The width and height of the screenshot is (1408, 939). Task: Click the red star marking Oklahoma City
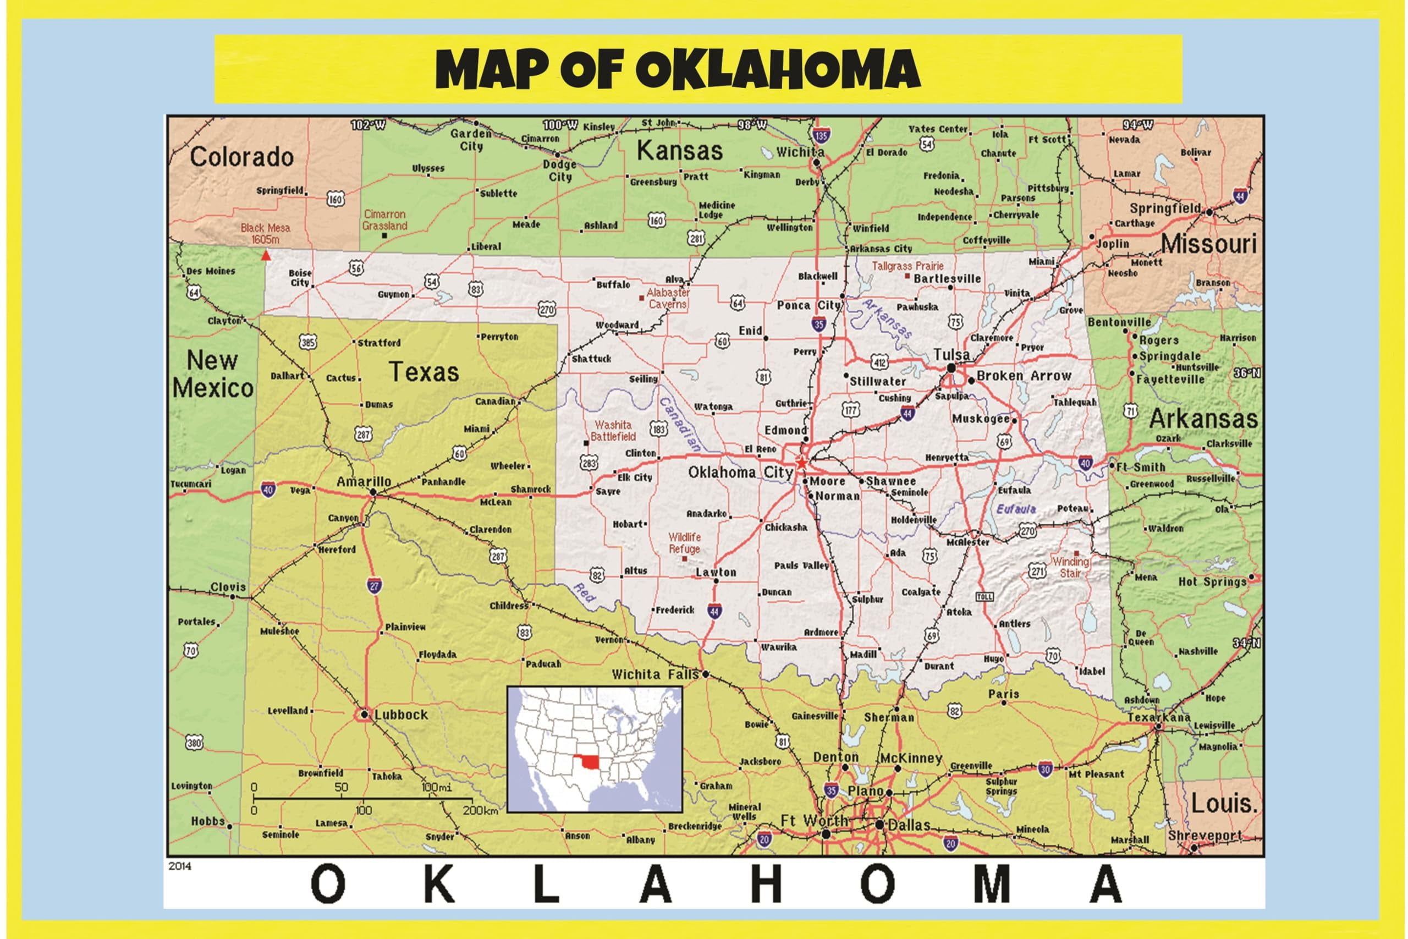click(x=801, y=462)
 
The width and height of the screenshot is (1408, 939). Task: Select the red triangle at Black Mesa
click(x=266, y=256)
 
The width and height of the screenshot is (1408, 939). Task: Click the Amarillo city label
click(x=364, y=481)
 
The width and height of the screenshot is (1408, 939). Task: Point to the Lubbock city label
click(x=401, y=715)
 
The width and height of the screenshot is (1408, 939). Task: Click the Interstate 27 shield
click(x=374, y=586)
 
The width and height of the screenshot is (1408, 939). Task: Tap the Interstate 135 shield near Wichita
click(x=821, y=136)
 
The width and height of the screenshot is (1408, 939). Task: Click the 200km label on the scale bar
click(x=480, y=811)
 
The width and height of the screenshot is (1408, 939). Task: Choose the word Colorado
click(x=242, y=157)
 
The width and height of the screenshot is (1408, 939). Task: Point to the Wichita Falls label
click(x=655, y=675)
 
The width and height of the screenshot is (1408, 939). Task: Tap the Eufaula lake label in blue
click(x=1016, y=509)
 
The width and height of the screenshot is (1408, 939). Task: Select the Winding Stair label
click(x=1070, y=567)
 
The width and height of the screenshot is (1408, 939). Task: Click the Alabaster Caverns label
click(x=668, y=298)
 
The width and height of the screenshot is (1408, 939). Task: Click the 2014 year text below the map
click(x=180, y=866)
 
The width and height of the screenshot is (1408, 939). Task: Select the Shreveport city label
click(x=1204, y=835)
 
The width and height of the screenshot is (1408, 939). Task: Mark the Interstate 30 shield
click(x=1045, y=770)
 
